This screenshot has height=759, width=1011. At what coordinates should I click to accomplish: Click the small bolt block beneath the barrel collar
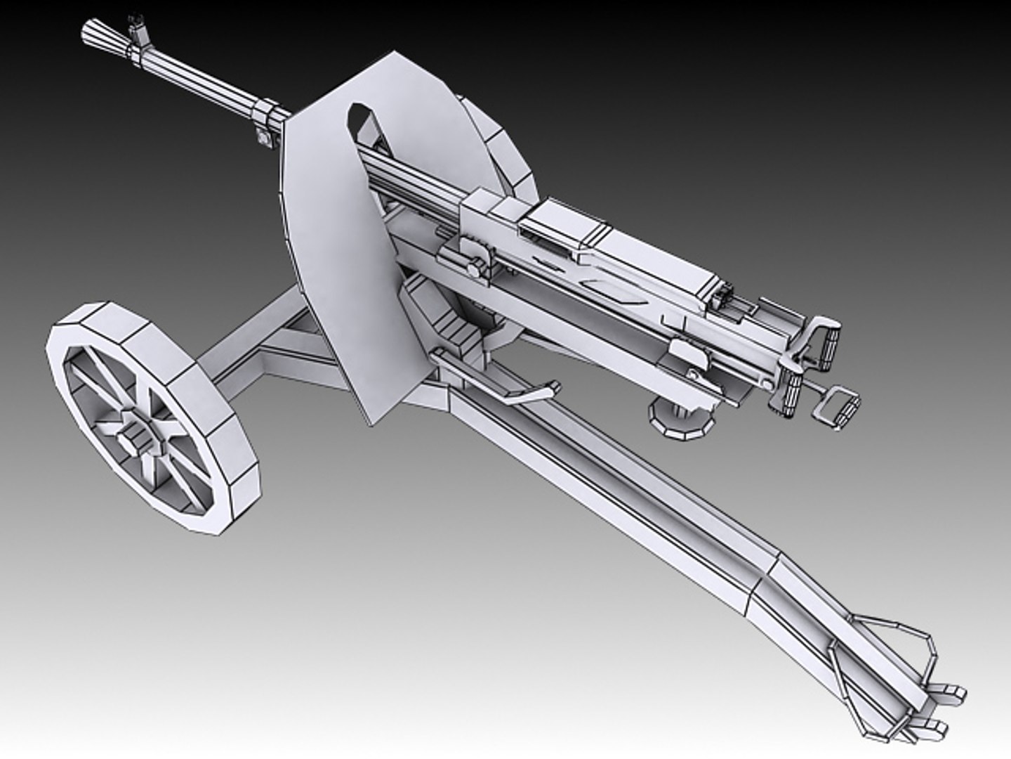tap(263, 137)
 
